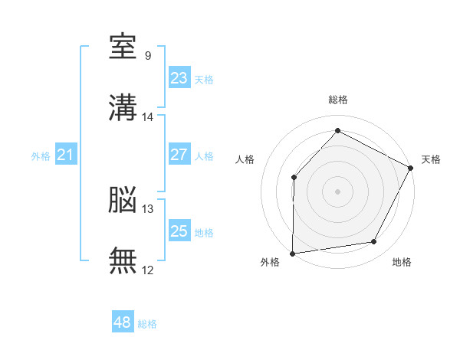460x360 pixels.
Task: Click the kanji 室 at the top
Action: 123,46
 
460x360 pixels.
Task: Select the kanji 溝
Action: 123,107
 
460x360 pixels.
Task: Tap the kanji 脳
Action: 123,199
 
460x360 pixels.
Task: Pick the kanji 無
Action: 123,260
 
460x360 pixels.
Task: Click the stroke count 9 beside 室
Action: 148,55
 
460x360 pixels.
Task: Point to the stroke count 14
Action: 147,117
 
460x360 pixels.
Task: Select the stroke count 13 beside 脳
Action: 147,209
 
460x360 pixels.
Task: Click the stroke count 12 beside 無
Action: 147,270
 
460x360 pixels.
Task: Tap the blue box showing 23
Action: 179,77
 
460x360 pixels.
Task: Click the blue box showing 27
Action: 179,154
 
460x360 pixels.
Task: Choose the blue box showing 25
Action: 179,230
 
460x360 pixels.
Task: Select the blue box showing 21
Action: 66,154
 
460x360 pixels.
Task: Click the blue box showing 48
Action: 123,321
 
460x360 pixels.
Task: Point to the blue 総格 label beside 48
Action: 147,324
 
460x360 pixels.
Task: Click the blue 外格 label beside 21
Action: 41,156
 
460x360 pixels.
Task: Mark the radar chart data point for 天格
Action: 410,168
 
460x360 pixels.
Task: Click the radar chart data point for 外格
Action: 293,254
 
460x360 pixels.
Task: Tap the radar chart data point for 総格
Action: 337,130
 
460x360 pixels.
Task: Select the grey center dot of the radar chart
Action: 337,191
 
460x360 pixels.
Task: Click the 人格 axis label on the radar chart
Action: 245,159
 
